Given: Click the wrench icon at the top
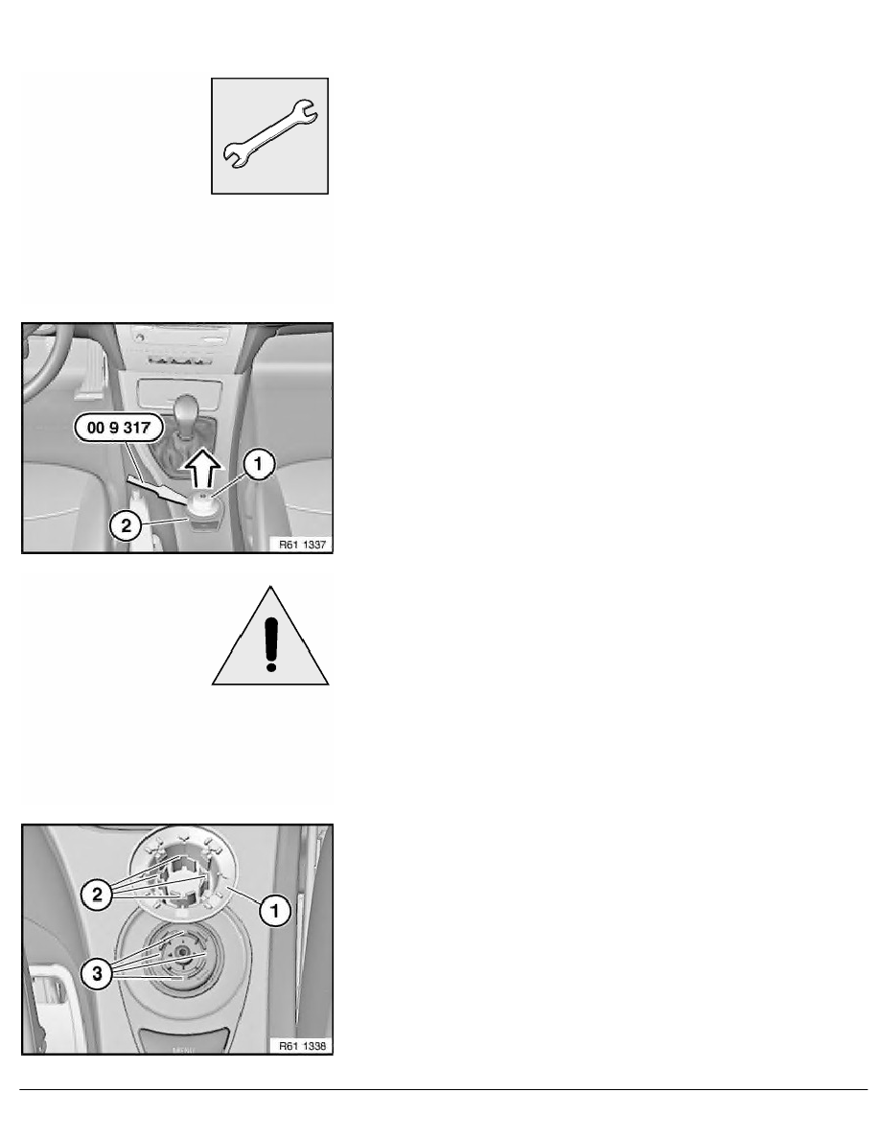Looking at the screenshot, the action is coord(269,134).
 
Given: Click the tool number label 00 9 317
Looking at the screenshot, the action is coord(118,428).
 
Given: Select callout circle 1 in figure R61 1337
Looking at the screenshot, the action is coord(259,463).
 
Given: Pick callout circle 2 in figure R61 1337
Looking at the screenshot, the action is coord(126,524).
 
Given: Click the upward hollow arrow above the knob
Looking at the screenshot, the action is coord(201,469).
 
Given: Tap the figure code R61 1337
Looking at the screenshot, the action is coord(303,544).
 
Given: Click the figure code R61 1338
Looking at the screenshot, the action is coord(303,1046).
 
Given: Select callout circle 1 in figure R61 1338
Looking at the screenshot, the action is coord(275,910).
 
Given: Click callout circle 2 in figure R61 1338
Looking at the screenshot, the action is coord(97,895).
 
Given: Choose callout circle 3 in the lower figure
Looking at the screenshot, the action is coord(97,972).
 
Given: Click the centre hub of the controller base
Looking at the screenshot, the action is coord(181,951).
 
